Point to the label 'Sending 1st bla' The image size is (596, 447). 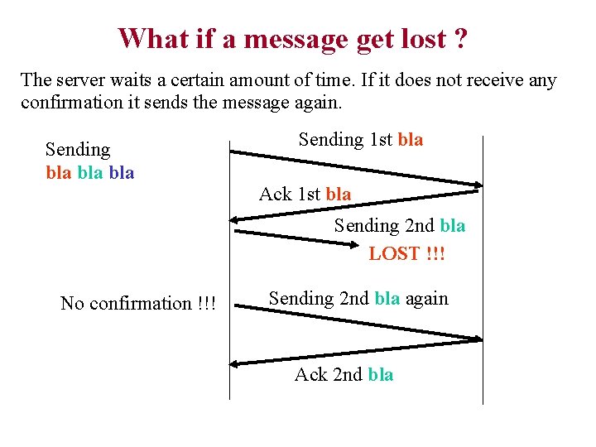[x=360, y=139]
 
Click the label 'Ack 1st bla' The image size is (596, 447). [x=305, y=194]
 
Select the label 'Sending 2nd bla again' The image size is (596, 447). [x=358, y=298]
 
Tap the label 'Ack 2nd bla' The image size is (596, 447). [x=344, y=375]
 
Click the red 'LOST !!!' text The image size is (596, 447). [x=406, y=253]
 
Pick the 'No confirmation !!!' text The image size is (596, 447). [x=137, y=303]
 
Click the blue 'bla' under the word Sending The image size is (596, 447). [x=121, y=172]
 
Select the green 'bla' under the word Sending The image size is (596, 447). [x=89, y=172]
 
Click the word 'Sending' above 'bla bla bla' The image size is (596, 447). [x=77, y=150]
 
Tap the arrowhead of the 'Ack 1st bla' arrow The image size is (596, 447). [x=236, y=219]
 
